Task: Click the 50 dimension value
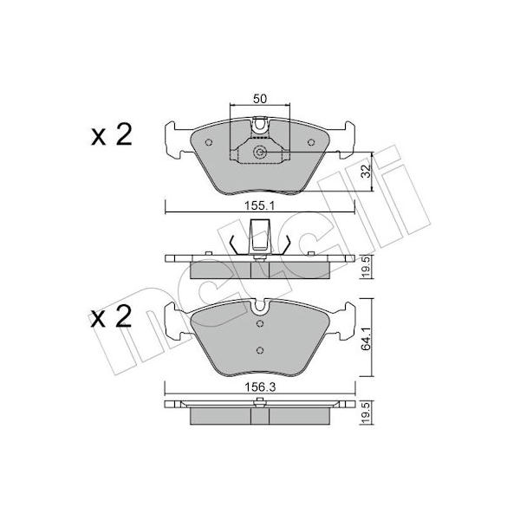pyautogui.click(x=260, y=99)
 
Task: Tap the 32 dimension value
pyautogui.click(x=366, y=171)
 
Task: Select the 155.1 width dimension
pyautogui.click(x=260, y=206)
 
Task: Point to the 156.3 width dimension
pyautogui.click(x=260, y=387)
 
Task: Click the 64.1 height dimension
pyautogui.click(x=366, y=338)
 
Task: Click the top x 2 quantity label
pyautogui.click(x=112, y=134)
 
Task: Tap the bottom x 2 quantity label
pyautogui.click(x=111, y=317)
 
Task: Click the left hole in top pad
pyautogui.click(x=209, y=142)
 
